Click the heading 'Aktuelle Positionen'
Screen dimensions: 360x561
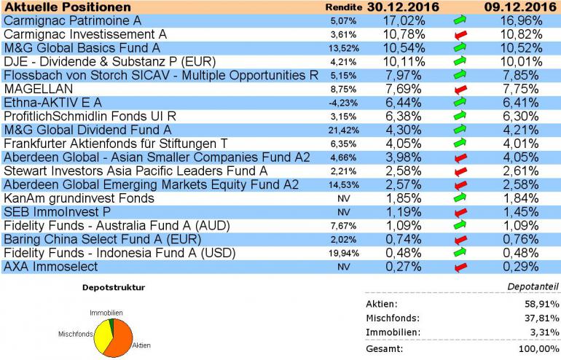58,7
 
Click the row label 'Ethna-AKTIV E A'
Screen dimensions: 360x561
52,103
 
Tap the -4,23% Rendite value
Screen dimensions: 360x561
342,103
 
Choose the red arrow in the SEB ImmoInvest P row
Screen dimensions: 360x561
458,212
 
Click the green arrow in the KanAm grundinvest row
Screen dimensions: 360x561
458,198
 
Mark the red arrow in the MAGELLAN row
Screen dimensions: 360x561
458,89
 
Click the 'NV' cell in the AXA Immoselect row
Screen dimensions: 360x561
342,267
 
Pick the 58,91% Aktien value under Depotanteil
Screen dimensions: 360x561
535,304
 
